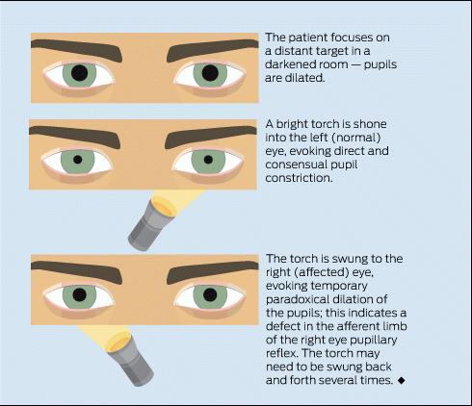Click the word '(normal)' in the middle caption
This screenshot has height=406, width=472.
356,138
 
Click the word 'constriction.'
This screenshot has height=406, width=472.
299,178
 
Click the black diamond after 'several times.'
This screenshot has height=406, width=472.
401,380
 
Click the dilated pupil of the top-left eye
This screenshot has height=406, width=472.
79,73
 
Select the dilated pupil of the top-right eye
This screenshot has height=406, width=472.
210,73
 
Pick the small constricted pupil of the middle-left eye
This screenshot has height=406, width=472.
78,160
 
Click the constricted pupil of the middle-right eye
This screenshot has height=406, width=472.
208,160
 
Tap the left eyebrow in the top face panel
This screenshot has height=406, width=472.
77,49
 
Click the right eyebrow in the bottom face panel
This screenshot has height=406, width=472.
213,271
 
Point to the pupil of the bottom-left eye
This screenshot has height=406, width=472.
79,294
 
